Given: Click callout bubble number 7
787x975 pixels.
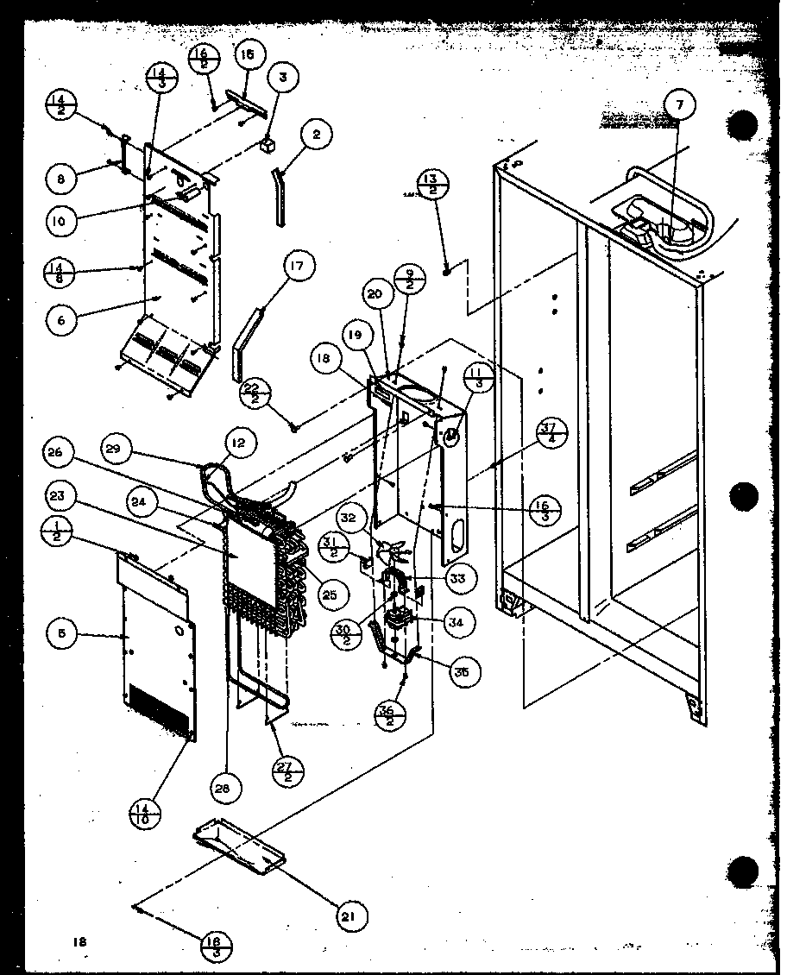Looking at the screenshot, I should [679, 105].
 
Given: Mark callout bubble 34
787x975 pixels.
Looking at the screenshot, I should [456, 621].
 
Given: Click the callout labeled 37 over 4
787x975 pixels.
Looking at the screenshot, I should [547, 431].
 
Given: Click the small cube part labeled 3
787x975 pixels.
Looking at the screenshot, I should [268, 145].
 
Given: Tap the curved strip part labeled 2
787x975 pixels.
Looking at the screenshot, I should [279, 197].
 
